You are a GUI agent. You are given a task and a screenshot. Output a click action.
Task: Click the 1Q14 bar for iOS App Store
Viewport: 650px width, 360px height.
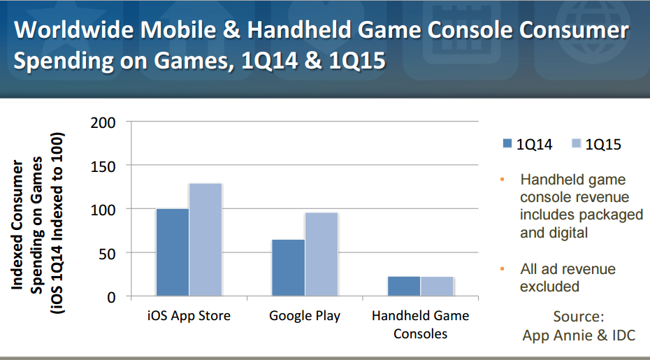pyautogui.click(x=173, y=252)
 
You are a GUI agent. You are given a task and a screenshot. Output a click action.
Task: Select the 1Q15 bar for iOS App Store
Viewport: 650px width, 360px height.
pyautogui.click(x=205, y=240)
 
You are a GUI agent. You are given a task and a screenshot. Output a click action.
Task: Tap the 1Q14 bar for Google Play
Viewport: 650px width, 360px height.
pyautogui.click(x=288, y=268)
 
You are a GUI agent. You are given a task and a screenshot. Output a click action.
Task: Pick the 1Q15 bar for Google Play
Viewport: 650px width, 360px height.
pyautogui.click(x=322, y=254)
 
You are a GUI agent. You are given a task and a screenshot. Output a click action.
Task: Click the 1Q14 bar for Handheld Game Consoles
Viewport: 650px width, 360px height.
pyautogui.click(x=404, y=286)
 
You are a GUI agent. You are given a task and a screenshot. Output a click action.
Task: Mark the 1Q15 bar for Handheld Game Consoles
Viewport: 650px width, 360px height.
pyautogui.click(x=437, y=286)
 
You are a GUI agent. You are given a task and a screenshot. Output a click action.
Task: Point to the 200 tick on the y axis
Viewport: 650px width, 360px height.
pyautogui.click(x=103, y=123)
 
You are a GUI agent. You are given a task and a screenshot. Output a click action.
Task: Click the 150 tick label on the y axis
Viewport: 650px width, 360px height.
pyautogui.click(x=103, y=167)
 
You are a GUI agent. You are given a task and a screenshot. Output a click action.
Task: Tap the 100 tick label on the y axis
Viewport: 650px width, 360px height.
pyautogui.click(x=103, y=210)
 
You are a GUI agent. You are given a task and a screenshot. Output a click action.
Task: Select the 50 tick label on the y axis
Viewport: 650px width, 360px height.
pyautogui.click(x=107, y=254)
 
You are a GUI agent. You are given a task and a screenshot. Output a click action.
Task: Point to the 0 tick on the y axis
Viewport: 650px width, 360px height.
pyautogui.click(x=111, y=297)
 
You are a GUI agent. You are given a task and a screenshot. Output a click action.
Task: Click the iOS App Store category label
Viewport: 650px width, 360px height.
pyautogui.click(x=189, y=316)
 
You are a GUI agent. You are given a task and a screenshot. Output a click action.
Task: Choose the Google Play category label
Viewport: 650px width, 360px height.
pyautogui.click(x=305, y=316)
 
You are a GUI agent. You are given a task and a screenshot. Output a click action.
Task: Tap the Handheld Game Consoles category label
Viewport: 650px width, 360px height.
pyautogui.click(x=420, y=324)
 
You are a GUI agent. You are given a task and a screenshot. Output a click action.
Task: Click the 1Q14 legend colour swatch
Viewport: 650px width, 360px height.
pyautogui.click(x=507, y=143)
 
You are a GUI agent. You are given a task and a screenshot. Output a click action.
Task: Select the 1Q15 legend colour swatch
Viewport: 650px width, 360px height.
pyautogui.click(x=576, y=143)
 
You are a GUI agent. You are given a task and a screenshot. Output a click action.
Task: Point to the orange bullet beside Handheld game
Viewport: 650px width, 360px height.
pyautogui.click(x=503, y=180)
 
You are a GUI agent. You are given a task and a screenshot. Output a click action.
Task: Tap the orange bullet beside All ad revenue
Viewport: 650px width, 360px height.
pyautogui.click(x=503, y=268)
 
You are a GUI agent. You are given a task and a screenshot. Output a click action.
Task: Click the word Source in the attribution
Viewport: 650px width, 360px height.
pyautogui.click(x=578, y=317)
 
